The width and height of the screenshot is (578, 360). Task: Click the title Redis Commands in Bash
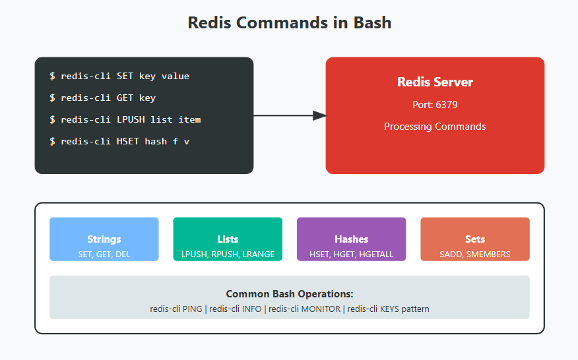pyautogui.click(x=289, y=22)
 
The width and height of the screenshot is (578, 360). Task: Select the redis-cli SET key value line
pyautogui.click(x=119, y=76)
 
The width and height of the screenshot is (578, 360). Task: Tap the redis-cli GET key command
pyautogui.click(x=102, y=98)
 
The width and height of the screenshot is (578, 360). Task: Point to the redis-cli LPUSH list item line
pyautogui.click(x=125, y=119)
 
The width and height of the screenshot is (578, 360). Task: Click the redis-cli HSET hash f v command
pyautogui.click(x=119, y=141)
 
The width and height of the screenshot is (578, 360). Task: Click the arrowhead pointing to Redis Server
pyautogui.click(x=319, y=115)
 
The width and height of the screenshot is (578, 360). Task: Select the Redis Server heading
pyautogui.click(x=435, y=82)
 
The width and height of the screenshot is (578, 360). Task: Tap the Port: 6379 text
pyautogui.click(x=435, y=105)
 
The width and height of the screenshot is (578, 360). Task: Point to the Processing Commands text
pyautogui.click(x=435, y=127)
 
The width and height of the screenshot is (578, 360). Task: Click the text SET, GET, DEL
pyautogui.click(x=104, y=254)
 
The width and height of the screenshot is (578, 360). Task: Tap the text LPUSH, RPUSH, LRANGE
pyautogui.click(x=228, y=254)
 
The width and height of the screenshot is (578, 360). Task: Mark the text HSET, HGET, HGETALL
pyautogui.click(x=351, y=254)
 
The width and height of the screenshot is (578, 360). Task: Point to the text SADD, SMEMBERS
pyautogui.click(x=474, y=254)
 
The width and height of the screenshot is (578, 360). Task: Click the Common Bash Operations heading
pyautogui.click(x=289, y=294)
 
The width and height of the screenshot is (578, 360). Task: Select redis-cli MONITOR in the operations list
pyautogui.click(x=305, y=309)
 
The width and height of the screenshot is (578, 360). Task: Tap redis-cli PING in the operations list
pyautogui.click(x=176, y=309)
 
